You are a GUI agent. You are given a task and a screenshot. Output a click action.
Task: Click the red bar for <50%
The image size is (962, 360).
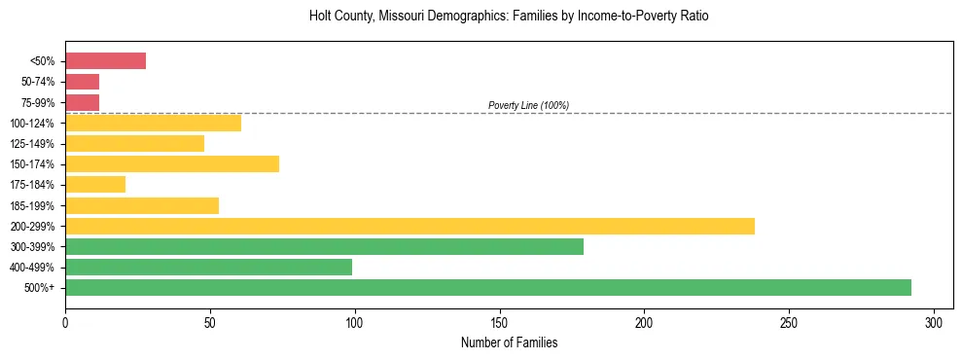(105, 61)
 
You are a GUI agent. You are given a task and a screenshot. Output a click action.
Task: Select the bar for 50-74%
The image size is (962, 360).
(83, 82)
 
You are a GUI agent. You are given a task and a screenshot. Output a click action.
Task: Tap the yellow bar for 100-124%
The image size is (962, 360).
(153, 123)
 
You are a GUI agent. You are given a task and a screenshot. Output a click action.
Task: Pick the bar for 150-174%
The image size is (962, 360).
(172, 163)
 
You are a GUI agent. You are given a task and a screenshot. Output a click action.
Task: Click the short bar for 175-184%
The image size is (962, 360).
(95, 184)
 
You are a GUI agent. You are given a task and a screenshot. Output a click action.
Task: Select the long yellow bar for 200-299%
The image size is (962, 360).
(410, 226)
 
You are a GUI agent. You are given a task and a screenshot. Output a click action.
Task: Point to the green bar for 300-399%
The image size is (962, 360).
(324, 246)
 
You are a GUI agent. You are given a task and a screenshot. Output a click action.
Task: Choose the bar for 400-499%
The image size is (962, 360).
(208, 267)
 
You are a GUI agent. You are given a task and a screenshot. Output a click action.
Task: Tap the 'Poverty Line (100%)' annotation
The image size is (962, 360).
(528, 105)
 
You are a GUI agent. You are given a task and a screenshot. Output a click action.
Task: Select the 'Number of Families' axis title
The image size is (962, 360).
(509, 342)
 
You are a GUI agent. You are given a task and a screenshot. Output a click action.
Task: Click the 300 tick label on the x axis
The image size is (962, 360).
(934, 322)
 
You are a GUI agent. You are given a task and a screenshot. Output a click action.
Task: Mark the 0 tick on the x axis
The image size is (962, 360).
(65, 322)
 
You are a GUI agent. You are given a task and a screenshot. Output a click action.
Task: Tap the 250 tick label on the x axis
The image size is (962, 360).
(789, 322)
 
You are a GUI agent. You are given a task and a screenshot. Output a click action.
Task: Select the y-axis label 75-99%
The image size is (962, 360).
(39, 102)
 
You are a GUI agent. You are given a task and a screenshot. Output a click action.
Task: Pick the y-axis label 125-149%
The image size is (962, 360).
(35, 143)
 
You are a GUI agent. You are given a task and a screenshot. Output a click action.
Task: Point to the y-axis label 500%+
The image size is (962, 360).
(42, 287)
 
